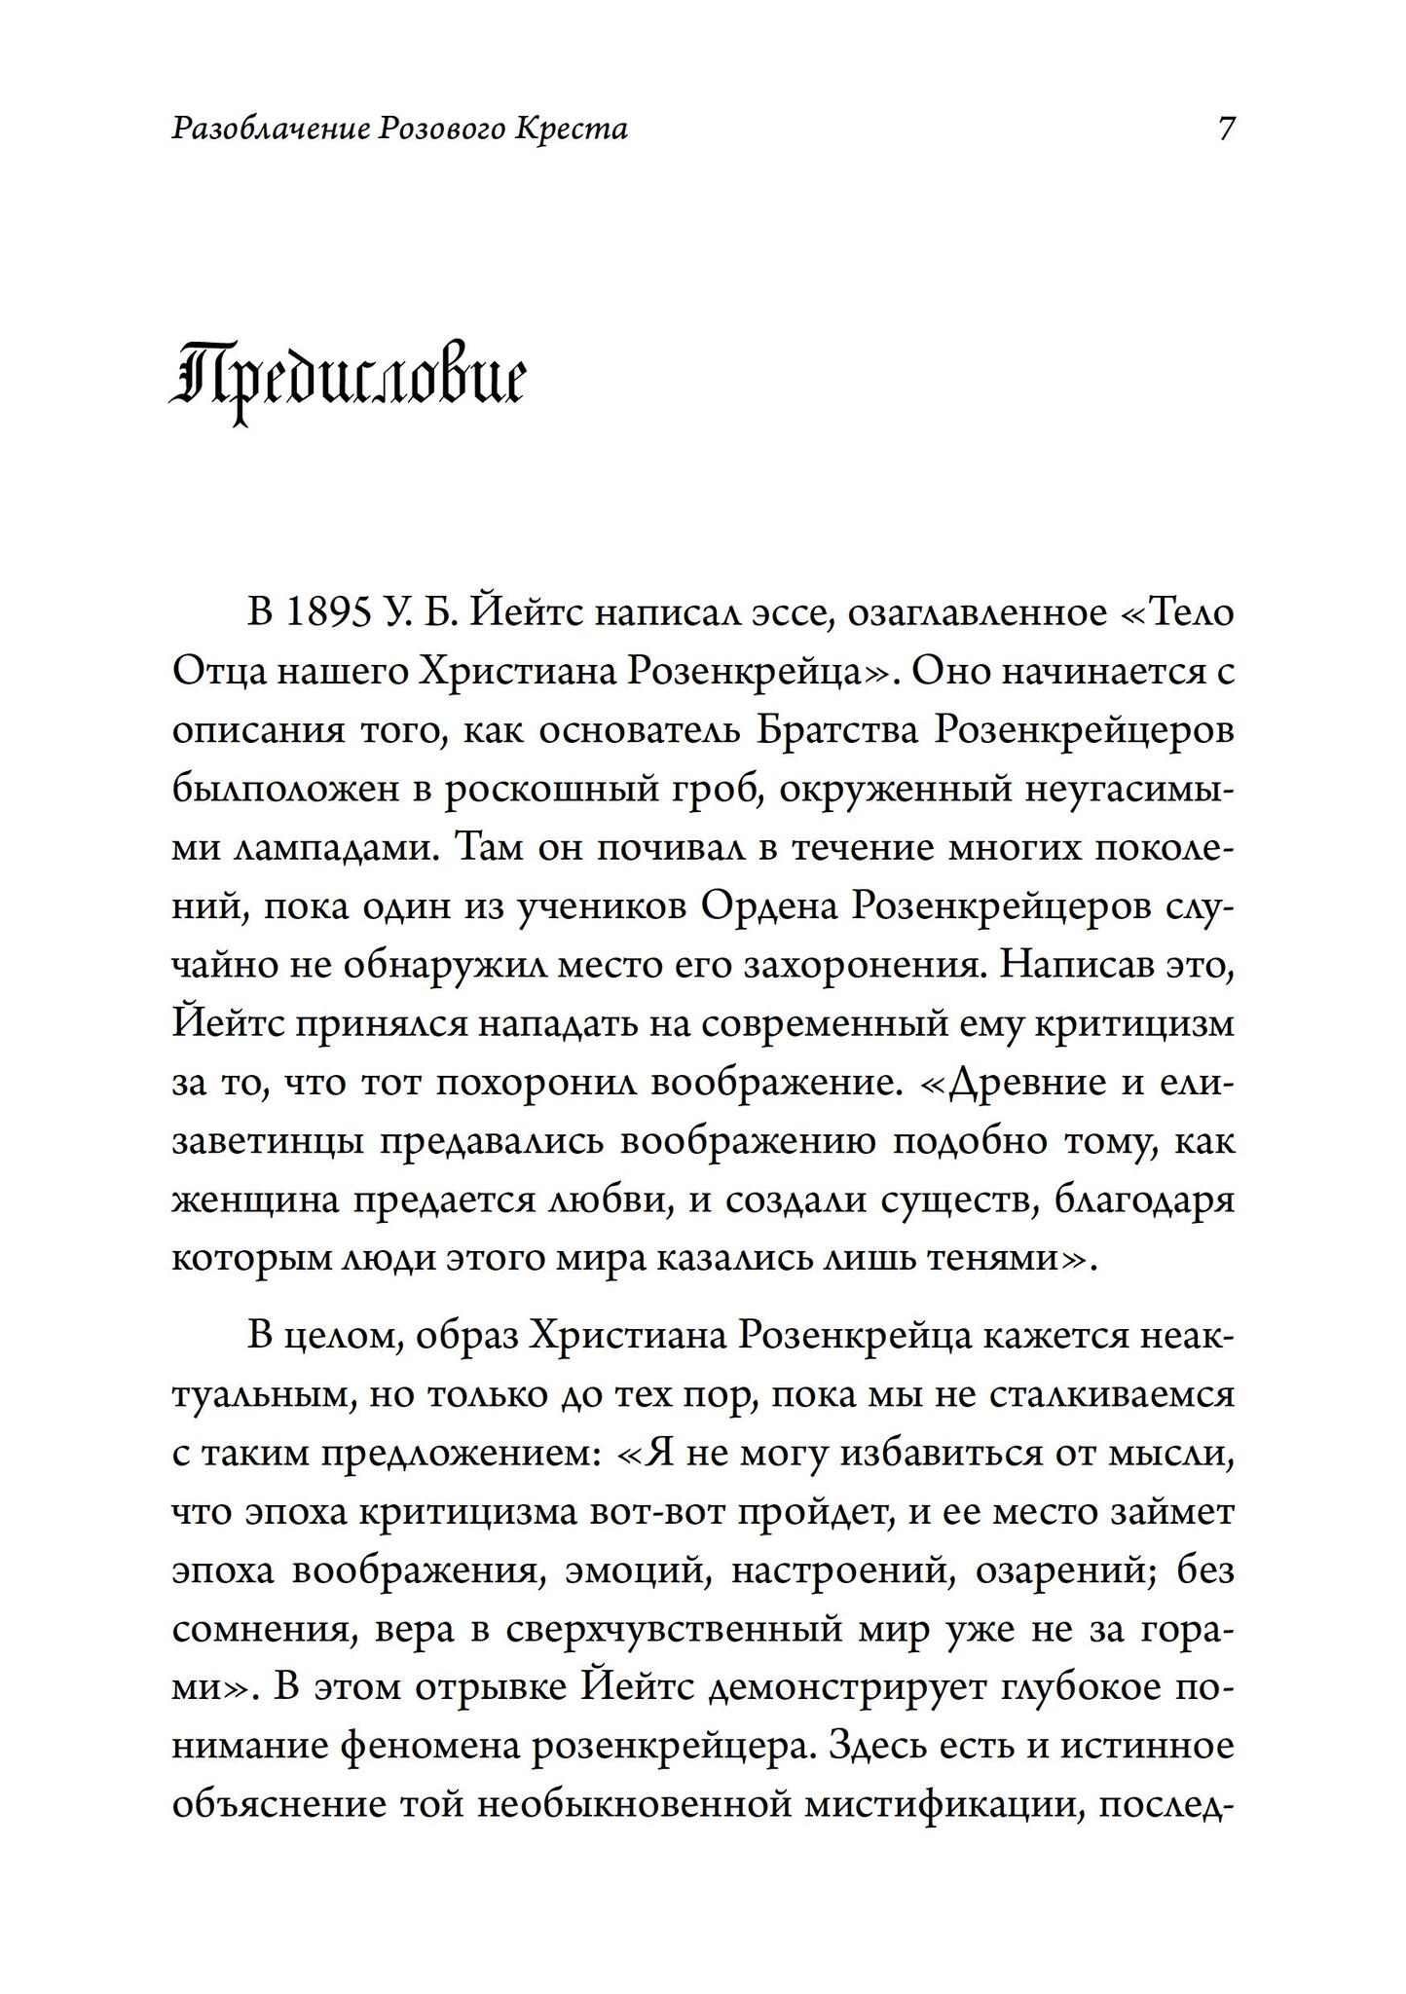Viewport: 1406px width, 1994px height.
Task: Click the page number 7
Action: (1226, 129)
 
